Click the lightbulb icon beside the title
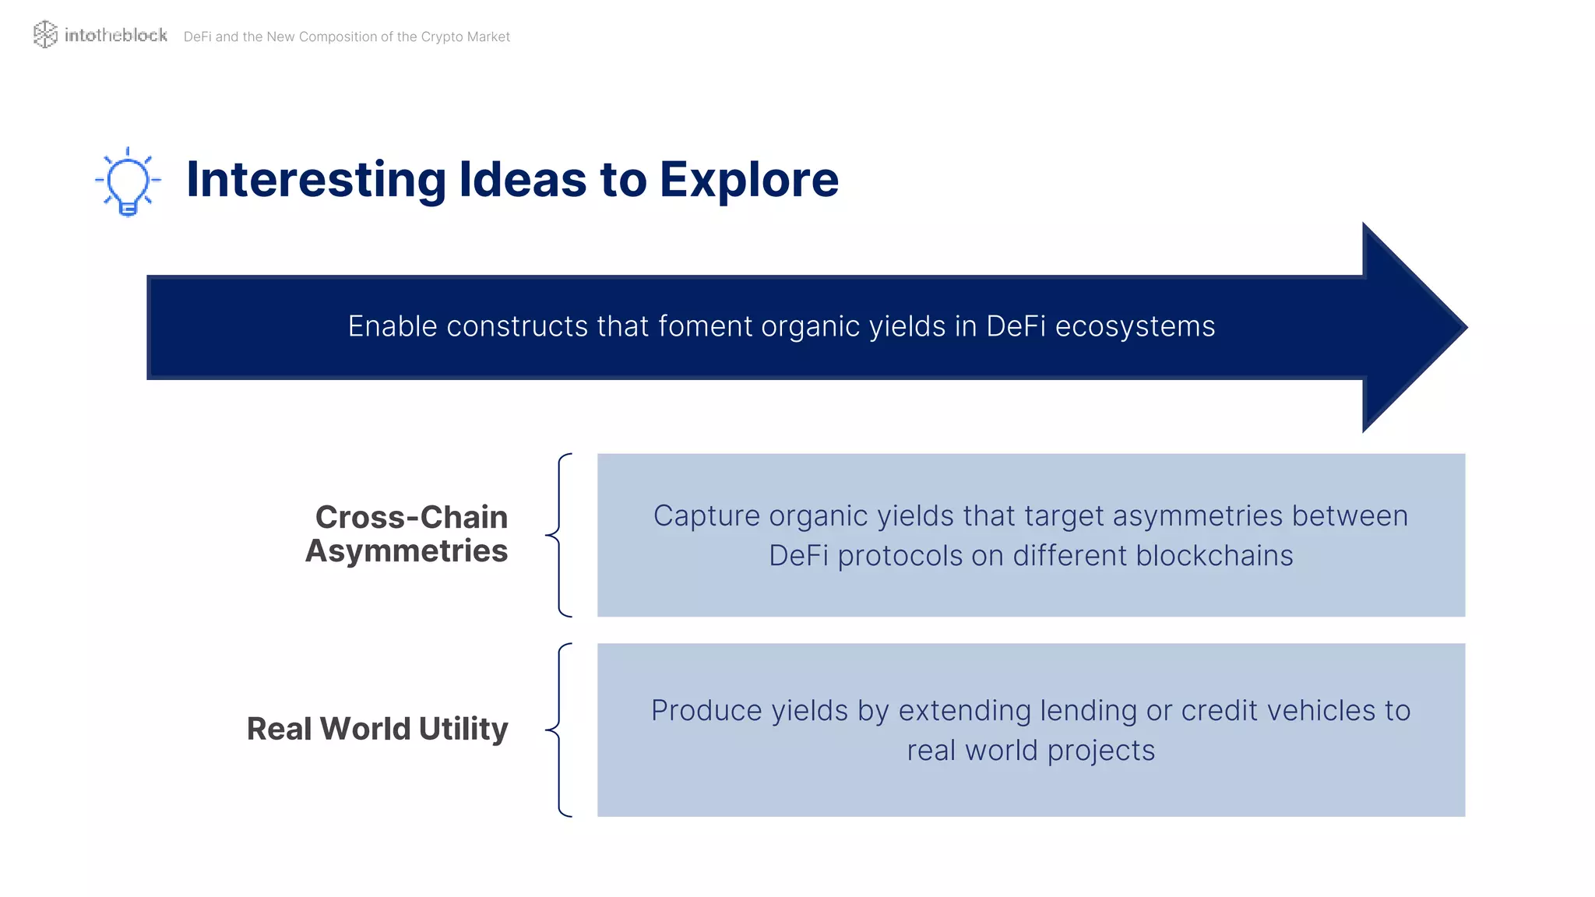(x=128, y=182)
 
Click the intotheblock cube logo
(x=45, y=34)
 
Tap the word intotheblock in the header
(x=115, y=35)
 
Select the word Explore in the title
(x=749, y=179)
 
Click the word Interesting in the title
(x=316, y=179)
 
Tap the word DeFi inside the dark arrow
(x=1016, y=326)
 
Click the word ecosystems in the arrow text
(x=1135, y=326)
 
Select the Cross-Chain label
(x=411, y=517)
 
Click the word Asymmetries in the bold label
(x=407, y=551)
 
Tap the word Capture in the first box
(x=706, y=515)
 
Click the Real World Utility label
(x=377, y=729)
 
